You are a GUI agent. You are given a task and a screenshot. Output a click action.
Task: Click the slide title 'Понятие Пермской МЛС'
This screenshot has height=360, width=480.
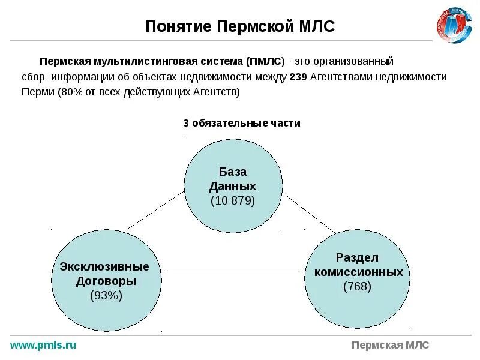point(240,26)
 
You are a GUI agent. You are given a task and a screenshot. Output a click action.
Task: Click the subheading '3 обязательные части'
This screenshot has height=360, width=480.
point(241,123)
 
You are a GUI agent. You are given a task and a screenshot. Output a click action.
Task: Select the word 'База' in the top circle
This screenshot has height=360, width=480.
point(232,172)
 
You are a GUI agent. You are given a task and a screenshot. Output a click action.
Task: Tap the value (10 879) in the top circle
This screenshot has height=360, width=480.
point(233,200)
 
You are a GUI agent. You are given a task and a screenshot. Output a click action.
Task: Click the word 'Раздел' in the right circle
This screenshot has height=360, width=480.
point(358,257)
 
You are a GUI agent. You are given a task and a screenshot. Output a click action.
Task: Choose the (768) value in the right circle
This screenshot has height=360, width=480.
point(358,286)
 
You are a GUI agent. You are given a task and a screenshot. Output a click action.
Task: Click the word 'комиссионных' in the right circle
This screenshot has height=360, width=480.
point(358,272)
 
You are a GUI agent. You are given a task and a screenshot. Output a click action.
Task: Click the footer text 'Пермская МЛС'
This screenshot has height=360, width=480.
point(390,345)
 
